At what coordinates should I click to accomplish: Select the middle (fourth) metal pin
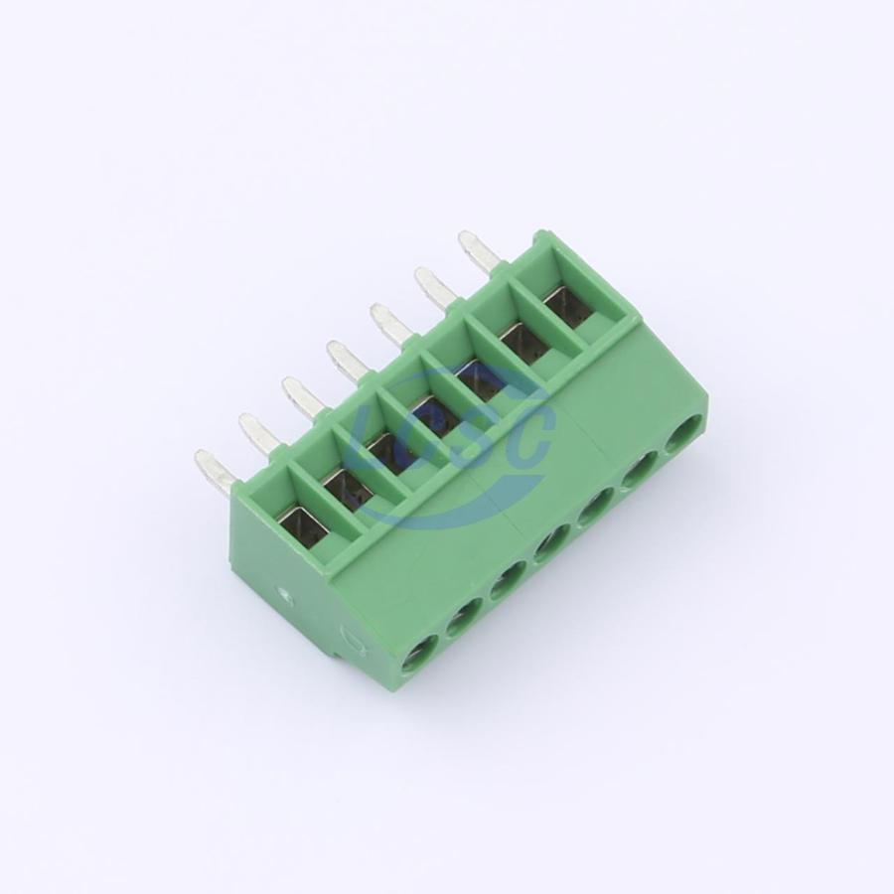point(348,361)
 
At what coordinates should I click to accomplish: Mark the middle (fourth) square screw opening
point(432,414)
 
